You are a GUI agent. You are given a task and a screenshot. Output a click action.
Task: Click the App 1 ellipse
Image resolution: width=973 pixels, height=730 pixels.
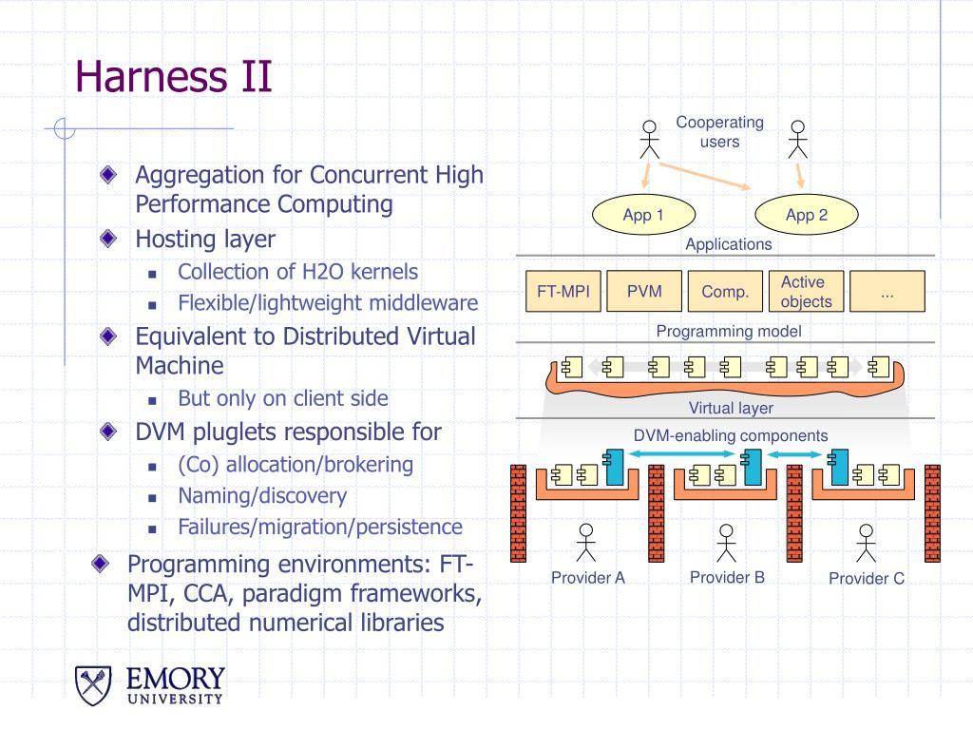pyautogui.click(x=643, y=215)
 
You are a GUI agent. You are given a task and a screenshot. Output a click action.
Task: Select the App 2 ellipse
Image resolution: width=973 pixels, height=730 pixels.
pyautogui.click(x=806, y=215)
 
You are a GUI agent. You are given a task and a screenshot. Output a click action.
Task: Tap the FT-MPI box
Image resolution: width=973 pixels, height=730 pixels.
pyautogui.click(x=563, y=291)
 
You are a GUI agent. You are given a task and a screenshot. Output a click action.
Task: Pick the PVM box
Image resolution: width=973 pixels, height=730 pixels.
pyautogui.click(x=644, y=291)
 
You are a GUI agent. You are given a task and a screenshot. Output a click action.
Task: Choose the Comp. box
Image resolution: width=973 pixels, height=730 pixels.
pyautogui.click(x=725, y=291)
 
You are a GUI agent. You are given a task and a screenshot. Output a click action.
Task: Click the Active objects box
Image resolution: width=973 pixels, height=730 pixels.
pyautogui.click(x=806, y=291)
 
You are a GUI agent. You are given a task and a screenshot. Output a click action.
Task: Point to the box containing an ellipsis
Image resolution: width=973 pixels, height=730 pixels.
pyautogui.click(x=887, y=291)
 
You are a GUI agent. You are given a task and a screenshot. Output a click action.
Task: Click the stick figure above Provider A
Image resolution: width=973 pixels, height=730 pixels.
pyautogui.click(x=585, y=543)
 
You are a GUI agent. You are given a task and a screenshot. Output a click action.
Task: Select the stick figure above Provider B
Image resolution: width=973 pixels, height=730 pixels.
pyautogui.click(x=726, y=543)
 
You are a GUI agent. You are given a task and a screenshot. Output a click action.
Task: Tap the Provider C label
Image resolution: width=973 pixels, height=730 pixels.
pyautogui.click(x=867, y=579)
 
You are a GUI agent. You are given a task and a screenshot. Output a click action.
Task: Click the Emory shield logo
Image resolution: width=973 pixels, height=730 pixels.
pyautogui.click(x=93, y=685)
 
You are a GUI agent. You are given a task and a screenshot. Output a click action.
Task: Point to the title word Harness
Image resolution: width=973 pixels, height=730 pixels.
pyautogui.click(x=151, y=77)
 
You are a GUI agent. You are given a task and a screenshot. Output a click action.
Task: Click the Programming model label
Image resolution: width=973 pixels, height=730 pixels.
pyautogui.click(x=729, y=332)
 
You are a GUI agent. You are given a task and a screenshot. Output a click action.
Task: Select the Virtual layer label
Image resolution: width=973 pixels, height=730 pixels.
pyautogui.click(x=731, y=408)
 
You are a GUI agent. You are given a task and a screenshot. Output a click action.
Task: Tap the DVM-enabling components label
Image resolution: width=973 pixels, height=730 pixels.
pyautogui.click(x=731, y=435)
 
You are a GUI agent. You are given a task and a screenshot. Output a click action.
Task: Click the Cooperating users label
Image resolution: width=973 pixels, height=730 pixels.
pyautogui.click(x=720, y=131)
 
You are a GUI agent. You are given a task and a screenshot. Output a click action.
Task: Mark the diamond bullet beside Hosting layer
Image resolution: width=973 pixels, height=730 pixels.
pyautogui.click(x=108, y=238)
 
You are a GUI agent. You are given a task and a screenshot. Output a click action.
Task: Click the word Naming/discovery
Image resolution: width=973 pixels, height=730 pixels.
pyautogui.click(x=262, y=495)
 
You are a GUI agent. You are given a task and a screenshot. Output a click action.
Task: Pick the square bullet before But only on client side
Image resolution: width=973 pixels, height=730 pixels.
pyautogui.click(x=152, y=400)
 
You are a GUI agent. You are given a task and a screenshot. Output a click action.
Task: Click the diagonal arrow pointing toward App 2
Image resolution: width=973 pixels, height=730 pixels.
pyautogui.click(x=704, y=176)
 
